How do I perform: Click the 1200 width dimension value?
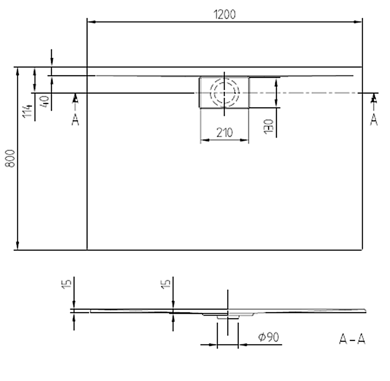tap(224, 14)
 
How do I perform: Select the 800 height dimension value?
tap(10, 158)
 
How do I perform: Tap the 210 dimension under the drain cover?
tap(224, 132)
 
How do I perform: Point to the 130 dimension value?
tap(269, 126)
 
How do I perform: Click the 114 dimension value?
tap(27, 111)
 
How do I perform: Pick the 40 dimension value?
tap(45, 101)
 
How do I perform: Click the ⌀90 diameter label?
tap(269, 337)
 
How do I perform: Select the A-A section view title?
tap(352, 339)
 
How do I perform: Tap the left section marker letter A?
tap(75, 120)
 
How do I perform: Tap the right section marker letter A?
tap(374, 120)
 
